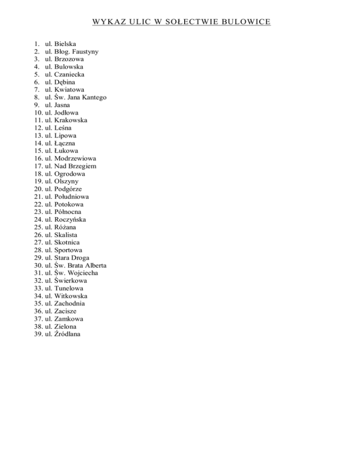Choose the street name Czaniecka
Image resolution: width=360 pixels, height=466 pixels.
coord(70,75)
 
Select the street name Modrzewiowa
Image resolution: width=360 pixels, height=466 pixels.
coord(75,158)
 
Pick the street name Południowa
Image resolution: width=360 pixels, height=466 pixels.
coord(72,197)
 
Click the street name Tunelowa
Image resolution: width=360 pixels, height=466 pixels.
coord(69,288)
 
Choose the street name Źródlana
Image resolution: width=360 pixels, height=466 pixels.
coord(67,334)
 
